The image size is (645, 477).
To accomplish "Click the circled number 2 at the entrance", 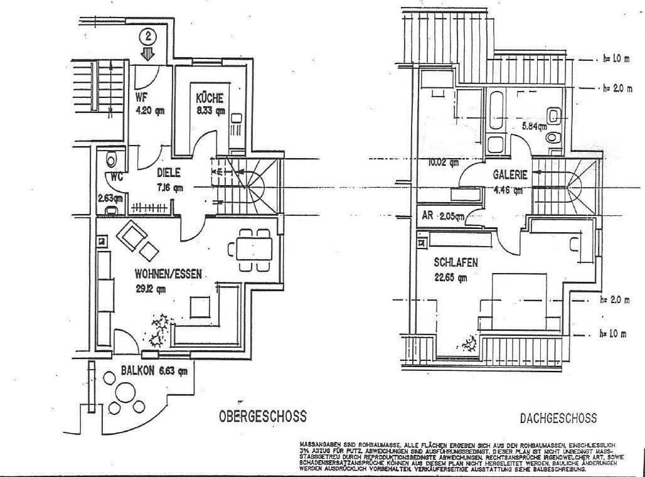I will pyautogui.click(x=149, y=36).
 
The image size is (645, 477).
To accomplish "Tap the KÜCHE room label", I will pyautogui.click(x=209, y=99).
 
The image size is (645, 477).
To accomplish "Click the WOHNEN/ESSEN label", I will pyautogui.click(x=168, y=274).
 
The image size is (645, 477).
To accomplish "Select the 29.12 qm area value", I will pyautogui.click(x=152, y=289).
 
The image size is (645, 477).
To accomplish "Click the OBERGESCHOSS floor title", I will pyautogui.click(x=262, y=415).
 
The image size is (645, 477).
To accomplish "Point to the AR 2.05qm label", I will pyautogui.click(x=443, y=216).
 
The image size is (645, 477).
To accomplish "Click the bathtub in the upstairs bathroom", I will pyautogui.click(x=496, y=112).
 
